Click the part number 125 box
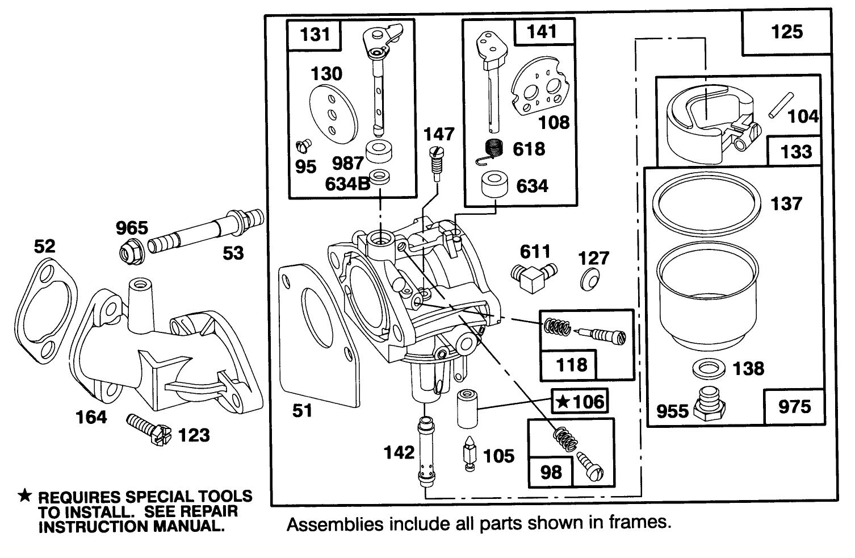787,32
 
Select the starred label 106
580,402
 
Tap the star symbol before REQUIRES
24,496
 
